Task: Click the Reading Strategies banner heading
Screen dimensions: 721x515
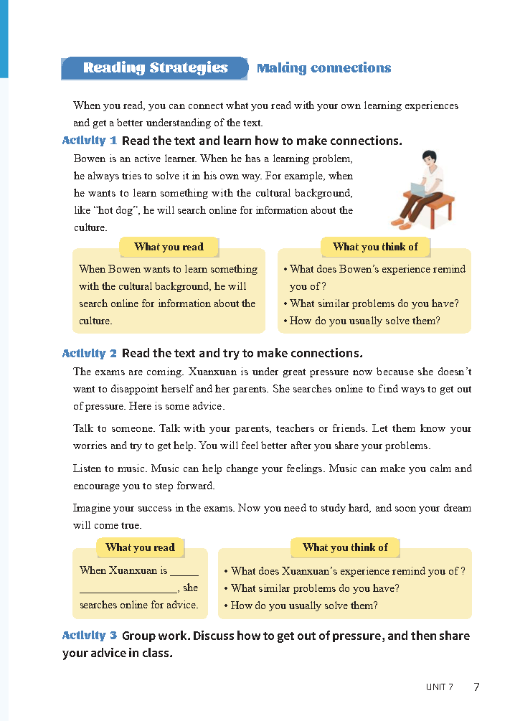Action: (x=155, y=68)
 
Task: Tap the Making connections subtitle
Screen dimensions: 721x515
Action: (x=323, y=68)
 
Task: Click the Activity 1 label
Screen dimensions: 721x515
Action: (x=89, y=141)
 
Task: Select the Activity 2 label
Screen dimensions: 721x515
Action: (x=89, y=353)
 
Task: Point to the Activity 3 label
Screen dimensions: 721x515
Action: (x=89, y=636)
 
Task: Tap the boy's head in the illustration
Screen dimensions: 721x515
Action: (x=430, y=160)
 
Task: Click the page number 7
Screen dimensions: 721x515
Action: (x=477, y=687)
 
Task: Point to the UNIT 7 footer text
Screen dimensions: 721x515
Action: (x=439, y=687)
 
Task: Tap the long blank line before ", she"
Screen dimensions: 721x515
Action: (x=128, y=588)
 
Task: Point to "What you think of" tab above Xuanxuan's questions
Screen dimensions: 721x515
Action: (x=345, y=547)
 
